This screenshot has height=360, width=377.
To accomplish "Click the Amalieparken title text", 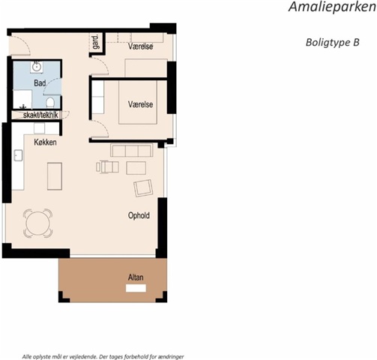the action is pyautogui.click(x=332, y=7).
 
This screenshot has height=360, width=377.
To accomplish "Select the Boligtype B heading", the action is pyautogui.click(x=333, y=43).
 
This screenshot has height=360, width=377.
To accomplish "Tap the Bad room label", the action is pyautogui.click(x=40, y=83).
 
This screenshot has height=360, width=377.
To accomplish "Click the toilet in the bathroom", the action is pyautogui.click(x=50, y=103).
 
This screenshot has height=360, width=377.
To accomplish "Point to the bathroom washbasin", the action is pyautogui.click(x=37, y=67).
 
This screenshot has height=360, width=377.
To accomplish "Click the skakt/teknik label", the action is pyautogui.click(x=40, y=115).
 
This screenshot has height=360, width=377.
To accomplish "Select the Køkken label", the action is pyautogui.click(x=45, y=142).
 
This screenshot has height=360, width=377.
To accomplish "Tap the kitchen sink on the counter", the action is pyautogui.click(x=18, y=155).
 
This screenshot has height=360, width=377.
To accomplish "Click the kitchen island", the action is pyautogui.click(x=55, y=176).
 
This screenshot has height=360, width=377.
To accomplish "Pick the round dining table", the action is pyautogui.click(x=37, y=223).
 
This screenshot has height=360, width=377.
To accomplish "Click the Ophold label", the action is pyautogui.click(x=139, y=215).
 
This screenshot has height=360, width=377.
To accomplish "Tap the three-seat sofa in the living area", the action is pyautogui.click(x=132, y=150).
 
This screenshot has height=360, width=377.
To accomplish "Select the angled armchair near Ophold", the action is pyautogui.click(x=143, y=188).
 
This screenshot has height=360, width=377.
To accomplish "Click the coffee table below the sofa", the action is pyautogui.click(x=136, y=168).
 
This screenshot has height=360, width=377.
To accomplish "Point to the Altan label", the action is pyautogui.click(x=136, y=277).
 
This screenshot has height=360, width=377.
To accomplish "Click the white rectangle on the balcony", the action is pyautogui.click(x=136, y=288).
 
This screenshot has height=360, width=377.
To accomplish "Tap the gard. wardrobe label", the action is pyautogui.click(x=96, y=42).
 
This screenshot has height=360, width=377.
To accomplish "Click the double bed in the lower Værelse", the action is pyautogui.click(x=138, y=102).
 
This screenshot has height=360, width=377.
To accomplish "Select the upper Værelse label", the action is pyautogui.click(x=140, y=46).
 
